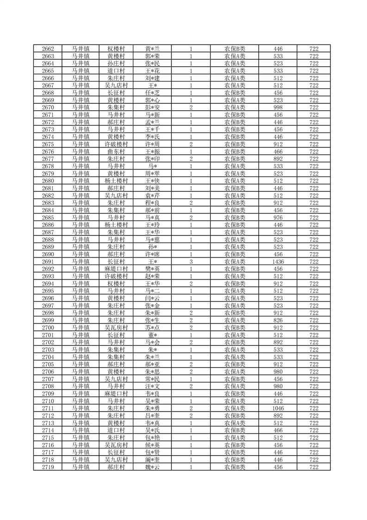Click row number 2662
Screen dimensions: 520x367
click(x=48, y=49)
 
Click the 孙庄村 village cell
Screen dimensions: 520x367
click(x=116, y=63)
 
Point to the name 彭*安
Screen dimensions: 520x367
click(x=152, y=108)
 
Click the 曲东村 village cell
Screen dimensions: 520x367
click(x=116, y=152)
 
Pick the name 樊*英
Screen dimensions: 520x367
click(x=152, y=269)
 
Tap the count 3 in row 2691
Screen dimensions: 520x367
click(x=191, y=262)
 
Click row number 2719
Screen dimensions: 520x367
click(x=48, y=468)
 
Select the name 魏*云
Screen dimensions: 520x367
click(x=152, y=468)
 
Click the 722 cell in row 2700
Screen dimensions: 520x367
click(x=314, y=328)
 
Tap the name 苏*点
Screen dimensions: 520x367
click(x=152, y=328)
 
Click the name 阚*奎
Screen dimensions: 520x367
click(x=152, y=460)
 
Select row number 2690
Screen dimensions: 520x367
click(x=48, y=254)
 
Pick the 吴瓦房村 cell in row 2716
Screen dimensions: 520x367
click(x=116, y=445)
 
